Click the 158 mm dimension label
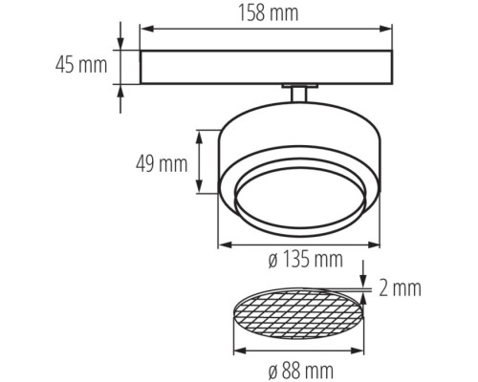(266, 13)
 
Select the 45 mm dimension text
(80, 66)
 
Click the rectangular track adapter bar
(266, 67)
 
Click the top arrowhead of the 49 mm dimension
(199, 136)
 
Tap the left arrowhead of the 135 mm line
(224, 244)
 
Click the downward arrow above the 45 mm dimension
(120, 44)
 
